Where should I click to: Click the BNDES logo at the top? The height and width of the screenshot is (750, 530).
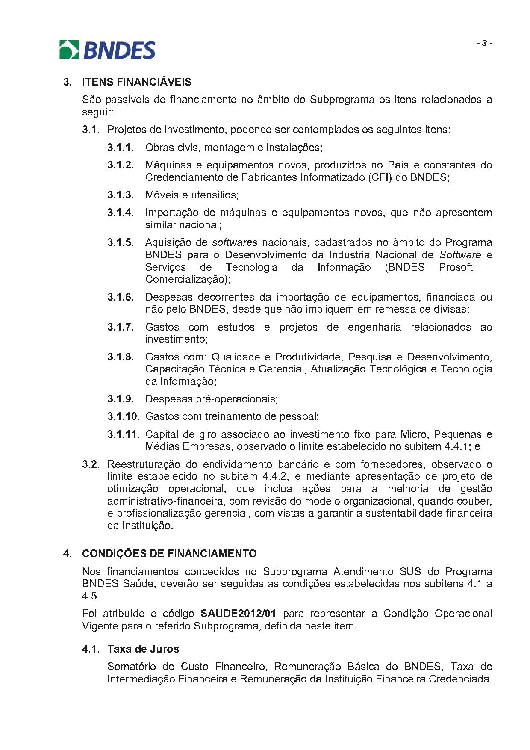point(107,50)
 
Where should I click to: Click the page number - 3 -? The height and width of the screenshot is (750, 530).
point(485,44)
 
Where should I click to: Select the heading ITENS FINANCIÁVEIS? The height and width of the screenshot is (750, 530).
point(137,82)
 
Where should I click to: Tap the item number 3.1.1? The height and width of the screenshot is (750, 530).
point(121,148)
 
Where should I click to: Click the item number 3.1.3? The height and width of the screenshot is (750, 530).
point(121,195)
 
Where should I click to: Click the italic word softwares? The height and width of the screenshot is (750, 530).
point(235,242)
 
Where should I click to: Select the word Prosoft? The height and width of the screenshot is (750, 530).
point(456,267)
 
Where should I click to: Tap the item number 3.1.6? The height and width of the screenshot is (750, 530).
point(121,297)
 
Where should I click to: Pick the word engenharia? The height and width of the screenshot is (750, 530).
point(374,327)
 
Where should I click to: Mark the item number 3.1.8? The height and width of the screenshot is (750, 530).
point(121,357)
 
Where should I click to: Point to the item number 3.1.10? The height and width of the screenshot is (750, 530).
point(123,416)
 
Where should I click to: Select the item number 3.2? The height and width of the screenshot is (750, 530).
point(91,464)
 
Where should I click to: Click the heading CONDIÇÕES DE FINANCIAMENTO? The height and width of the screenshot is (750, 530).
point(169,554)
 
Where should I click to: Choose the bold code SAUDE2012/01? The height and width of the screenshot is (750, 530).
point(238,614)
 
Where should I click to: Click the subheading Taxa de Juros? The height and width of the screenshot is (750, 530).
point(143,649)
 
